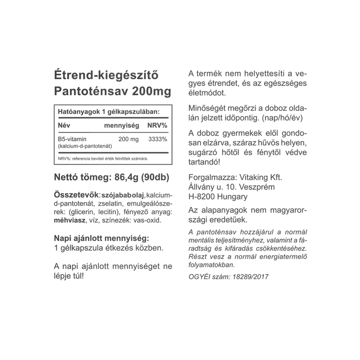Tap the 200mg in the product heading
click(x=154, y=91)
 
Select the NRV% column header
click(x=157, y=126)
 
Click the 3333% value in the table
click(x=158, y=139)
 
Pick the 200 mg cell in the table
click(x=129, y=139)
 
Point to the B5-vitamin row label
click(x=72, y=139)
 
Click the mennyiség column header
click(x=122, y=126)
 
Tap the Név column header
click(x=64, y=126)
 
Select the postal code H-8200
click(x=203, y=197)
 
